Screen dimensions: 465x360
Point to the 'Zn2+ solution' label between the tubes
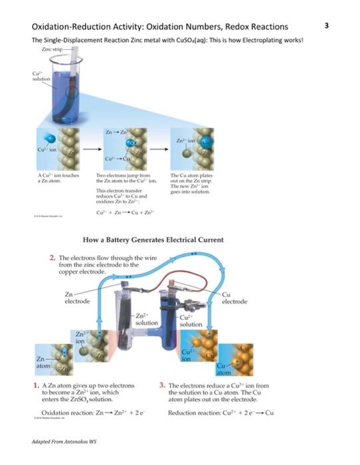tap(146, 319)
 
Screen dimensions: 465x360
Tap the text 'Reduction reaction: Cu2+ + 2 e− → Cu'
tap(221, 413)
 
